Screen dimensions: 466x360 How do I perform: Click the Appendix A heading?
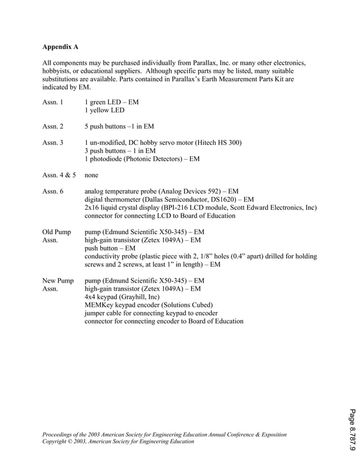click(x=60, y=47)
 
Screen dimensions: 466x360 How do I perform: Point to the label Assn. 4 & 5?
click(x=59, y=175)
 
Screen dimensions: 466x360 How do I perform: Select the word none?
click(x=92, y=175)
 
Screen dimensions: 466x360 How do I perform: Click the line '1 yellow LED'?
click(x=104, y=111)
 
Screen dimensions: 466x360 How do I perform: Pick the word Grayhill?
click(x=133, y=297)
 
